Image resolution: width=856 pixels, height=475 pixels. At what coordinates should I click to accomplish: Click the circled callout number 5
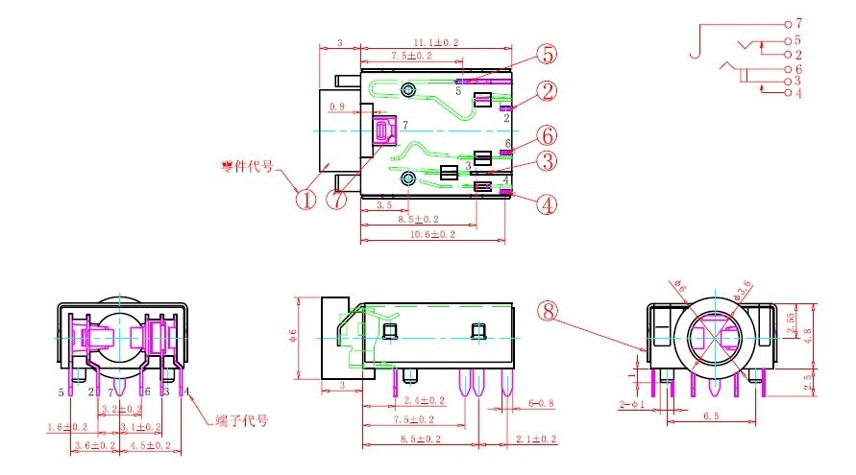[547, 54]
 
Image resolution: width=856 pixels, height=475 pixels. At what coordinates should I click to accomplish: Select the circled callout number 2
[547, 92]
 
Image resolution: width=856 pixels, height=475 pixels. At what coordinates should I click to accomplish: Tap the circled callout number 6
[547, 134]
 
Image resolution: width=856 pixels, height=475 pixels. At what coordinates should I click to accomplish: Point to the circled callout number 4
[547, 203]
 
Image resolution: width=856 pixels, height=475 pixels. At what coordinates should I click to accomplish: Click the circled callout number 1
[305, 200]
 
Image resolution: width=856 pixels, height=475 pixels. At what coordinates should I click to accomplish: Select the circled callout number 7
[336, 201]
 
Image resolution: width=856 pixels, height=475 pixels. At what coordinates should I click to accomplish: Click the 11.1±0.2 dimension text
[436, 43]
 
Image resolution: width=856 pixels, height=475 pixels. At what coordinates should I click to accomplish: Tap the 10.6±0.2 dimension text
[432, 234]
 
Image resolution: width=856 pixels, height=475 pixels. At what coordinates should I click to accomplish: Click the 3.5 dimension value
[383, 205]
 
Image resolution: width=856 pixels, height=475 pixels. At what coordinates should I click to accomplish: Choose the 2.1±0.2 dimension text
[534, 439]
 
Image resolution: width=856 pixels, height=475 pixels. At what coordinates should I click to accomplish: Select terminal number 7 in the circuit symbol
[798, 22]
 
